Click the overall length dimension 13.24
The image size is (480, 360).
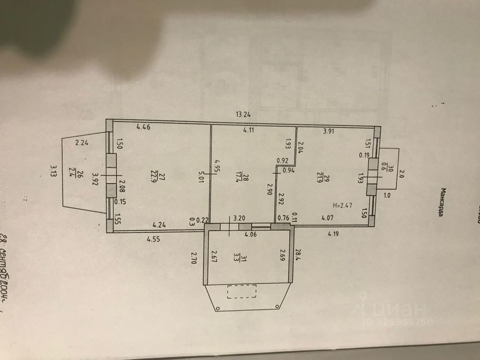coord(243,115)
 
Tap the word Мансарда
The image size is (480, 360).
coord(444,203)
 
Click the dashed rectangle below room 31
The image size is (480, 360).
coord(241,291)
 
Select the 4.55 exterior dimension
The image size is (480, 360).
coord(153,239)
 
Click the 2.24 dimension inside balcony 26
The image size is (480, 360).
coord(81,142)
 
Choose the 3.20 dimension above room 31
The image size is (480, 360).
coord(239,217)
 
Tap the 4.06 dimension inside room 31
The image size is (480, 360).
coord(250,235)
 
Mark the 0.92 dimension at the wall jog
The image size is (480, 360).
coord(282,161)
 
